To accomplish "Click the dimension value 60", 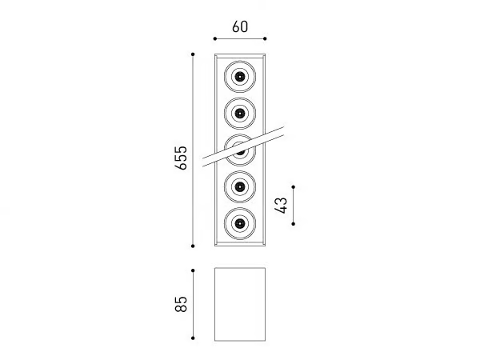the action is coord(240,26).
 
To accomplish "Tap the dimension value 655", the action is coord(181,158).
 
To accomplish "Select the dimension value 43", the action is coord(282,206).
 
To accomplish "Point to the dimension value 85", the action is coord(181,304).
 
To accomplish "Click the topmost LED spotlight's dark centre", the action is coord(240,76).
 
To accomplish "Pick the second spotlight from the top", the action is coord(240,114).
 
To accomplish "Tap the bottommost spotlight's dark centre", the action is coord(240,224).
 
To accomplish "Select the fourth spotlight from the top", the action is coord(240,186).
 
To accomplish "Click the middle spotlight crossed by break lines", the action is coord(240,150).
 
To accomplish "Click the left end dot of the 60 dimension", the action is coord(215,38).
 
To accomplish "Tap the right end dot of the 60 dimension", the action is coord(265,38).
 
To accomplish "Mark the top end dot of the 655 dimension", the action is coord(193,54).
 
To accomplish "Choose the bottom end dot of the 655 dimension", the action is coord(193,246).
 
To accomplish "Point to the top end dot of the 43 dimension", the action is coord(294,186).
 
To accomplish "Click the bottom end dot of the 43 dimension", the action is coord(294,224).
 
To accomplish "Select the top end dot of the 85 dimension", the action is coord(193,270).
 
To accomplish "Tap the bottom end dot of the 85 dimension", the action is coord(193,338).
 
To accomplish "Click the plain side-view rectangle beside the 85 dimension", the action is coord(240,304).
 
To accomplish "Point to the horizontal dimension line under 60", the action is coord(240,38).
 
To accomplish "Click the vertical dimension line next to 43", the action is coord(294,206).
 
